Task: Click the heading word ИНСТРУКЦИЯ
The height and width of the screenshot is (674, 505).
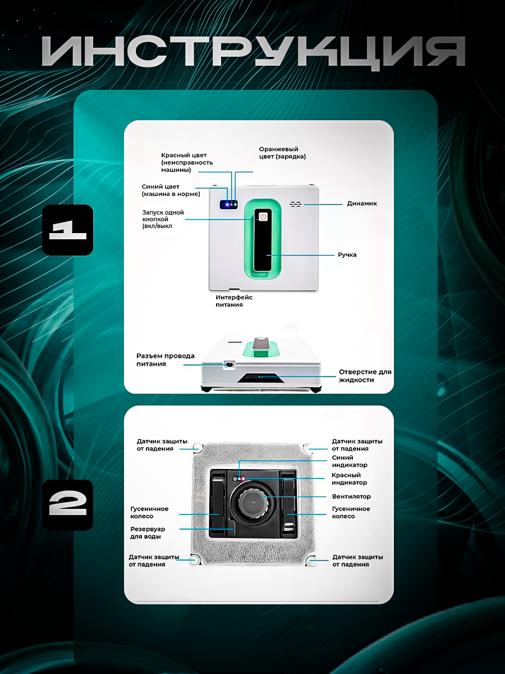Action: click(x=252, y=53)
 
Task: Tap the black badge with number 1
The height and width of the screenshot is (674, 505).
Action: click(x=68, y=230)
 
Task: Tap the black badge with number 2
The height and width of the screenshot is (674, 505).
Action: click(x=68, y=505)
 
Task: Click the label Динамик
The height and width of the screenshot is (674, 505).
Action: click(x=362, y=203)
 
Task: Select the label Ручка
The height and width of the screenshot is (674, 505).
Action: click(x=347, y=255)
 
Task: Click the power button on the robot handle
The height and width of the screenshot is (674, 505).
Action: click(x=262, y=216)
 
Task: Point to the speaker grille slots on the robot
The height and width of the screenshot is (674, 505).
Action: click(x=296, y=204)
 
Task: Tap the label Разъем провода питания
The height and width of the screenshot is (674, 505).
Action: click(x=165, y=359)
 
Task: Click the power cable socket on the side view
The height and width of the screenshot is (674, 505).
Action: click(x=229, y=364)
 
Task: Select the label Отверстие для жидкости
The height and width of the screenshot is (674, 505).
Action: click(x=365, y=376)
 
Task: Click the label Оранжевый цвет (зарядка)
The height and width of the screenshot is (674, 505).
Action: click(x=282, y=153)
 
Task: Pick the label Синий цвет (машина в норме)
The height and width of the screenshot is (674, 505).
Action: click(x=171, y=190)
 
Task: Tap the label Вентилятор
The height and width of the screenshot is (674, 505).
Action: click(x=351, y=497)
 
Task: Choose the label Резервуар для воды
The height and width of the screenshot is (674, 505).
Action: click(x=148, y=532)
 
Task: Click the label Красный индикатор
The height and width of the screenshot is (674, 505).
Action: click(x=349, y=479)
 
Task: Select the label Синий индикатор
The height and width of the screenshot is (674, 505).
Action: click(x=349, y=461)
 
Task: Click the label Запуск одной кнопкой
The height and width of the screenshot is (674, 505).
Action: click(x=163, y=219)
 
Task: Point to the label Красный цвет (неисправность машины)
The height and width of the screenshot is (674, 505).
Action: click(x=186, y=162)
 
